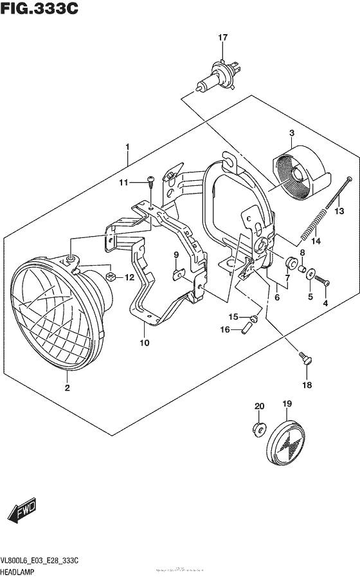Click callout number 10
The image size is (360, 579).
[145, 343]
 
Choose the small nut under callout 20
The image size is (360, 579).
[259, 429]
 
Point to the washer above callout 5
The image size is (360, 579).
[311, 275]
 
